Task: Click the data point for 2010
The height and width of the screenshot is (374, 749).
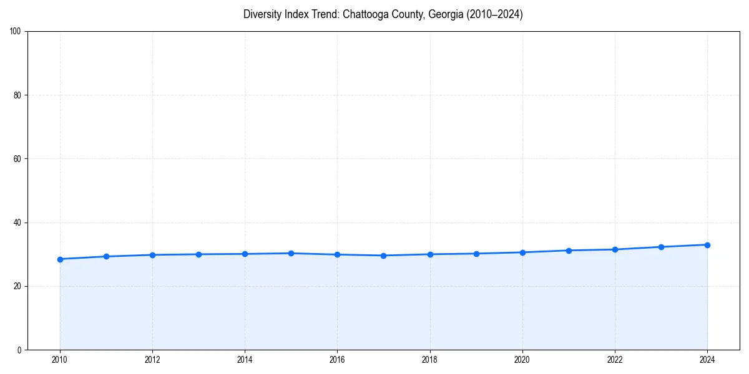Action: click(x=60, y=259)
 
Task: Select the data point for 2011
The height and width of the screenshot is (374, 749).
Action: click(x=106, y=256)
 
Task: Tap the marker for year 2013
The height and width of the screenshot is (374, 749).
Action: click(x=198, y=254)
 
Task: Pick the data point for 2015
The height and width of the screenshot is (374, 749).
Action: click(x=291, y=253)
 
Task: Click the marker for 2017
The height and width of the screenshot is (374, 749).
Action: click(x=383, y=256)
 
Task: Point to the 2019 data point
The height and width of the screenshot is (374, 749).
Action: click(x=476, y=254)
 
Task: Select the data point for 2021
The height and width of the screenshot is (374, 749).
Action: click(x=569, y=251)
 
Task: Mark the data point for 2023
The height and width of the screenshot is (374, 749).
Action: click(x=661, y=247)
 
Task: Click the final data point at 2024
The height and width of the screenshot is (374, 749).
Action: click(x=707, y=245)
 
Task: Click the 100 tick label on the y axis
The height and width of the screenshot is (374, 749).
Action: click(x=16, y=32)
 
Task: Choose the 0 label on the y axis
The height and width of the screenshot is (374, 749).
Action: click(x=20, y=350)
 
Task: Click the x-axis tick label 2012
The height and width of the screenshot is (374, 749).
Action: click(x=152, y=360)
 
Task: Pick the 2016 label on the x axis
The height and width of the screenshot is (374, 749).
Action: click(x=337, y=360)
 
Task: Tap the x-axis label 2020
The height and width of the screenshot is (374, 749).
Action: click(x=522, y=360)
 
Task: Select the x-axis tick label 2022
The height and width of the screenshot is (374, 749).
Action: click(x=615, y=360)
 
